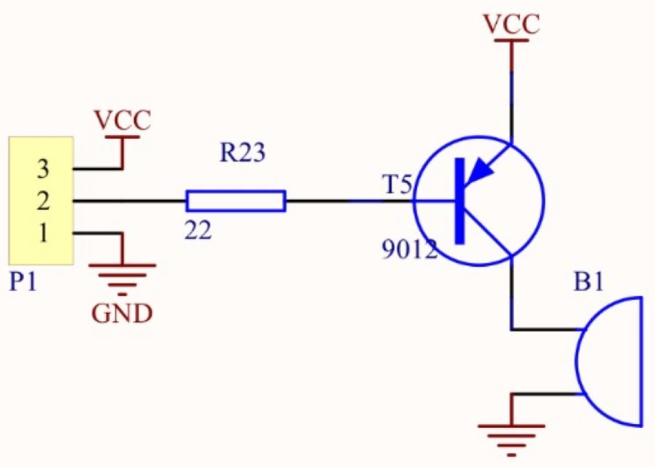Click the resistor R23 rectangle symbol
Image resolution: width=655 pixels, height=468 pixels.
click(x=235, y=201)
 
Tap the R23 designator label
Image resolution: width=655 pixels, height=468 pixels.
click(x=242, y=154)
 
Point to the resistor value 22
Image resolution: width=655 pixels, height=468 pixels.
click(x=197, y=232)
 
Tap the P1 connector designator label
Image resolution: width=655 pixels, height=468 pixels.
click(x=23, y=283)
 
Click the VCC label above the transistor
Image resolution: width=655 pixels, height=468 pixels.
click(x=511, y=24)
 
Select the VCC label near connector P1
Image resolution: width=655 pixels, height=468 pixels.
click(x=122, y=121)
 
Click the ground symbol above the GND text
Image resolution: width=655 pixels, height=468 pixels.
click(x=122, y=276)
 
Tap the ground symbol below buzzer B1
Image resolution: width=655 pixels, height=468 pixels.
click(x=511, y=436)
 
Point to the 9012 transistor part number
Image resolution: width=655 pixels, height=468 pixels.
click(x=409, y=250)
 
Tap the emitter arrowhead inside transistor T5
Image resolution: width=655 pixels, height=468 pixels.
click(x=481, y=172)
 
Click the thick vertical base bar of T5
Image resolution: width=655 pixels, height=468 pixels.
click(x=460, y=201)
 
